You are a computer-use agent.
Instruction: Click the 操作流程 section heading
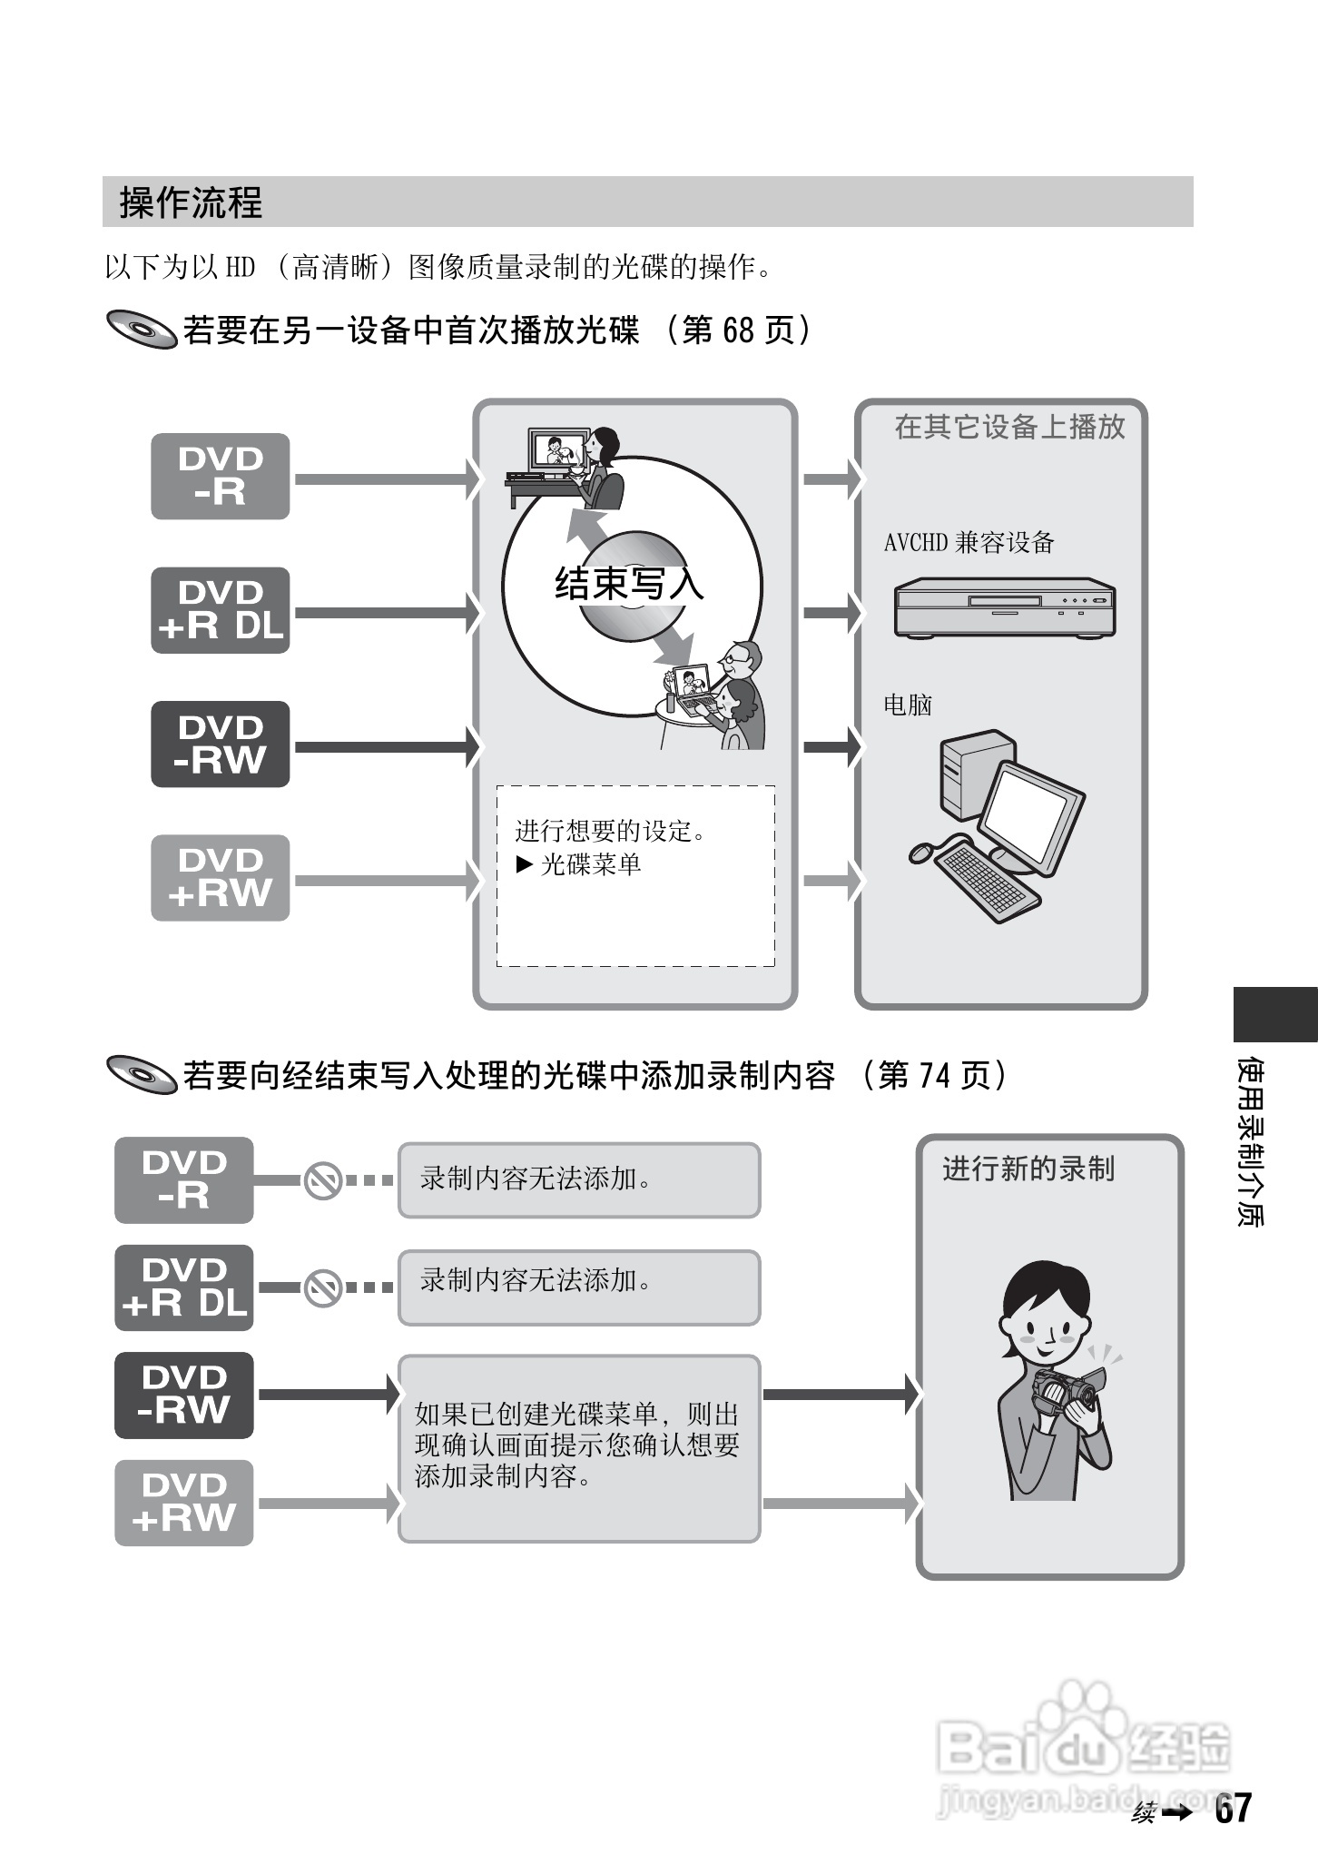191,202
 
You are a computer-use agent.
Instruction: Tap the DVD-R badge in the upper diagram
220,477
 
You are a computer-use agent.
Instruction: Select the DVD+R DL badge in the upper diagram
220,610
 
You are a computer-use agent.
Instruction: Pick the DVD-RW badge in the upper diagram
220,744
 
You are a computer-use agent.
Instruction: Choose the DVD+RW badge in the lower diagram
183,1503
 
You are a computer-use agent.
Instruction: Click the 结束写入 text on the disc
629,583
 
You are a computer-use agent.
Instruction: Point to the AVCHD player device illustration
1004,607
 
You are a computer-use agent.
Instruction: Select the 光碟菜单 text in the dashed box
590,864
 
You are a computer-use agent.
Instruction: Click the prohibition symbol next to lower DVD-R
322,1180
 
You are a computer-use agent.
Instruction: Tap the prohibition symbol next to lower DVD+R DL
322,1287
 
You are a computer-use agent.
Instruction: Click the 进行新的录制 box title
1028,1169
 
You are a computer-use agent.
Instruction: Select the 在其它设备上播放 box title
1009,427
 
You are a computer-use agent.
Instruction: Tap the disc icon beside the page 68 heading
142,330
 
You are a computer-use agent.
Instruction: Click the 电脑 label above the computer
908,705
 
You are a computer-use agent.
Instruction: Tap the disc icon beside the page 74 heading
142,1075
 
